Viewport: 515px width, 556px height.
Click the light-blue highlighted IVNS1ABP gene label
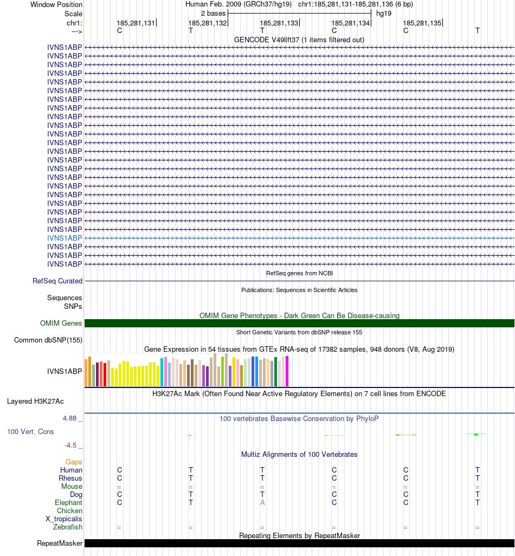pos(65,238)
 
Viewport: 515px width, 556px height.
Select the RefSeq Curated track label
pos(57,281)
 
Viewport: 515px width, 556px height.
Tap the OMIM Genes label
pos(61,324)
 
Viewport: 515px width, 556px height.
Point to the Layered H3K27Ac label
pos(35,402)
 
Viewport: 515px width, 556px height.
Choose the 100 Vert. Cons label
pos(30,432)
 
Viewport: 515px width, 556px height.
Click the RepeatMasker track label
pos(60,544)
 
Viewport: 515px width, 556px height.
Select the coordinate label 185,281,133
pos(279,23)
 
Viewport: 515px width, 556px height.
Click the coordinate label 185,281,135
pos(422,23)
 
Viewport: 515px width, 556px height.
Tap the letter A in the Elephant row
pos(262,502)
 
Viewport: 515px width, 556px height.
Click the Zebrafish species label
pos(68,527)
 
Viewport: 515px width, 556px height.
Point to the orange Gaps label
pos(74,462)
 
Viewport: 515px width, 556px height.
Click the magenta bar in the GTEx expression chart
pos(287,371)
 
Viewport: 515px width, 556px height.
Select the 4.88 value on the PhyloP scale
pos(70,418)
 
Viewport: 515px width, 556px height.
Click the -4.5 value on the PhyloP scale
pos(70,445)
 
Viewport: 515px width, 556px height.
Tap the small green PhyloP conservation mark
pos(475,434)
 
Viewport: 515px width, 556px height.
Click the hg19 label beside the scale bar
pos(384,13)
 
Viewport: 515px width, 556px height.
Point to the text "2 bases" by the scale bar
pos(213,13)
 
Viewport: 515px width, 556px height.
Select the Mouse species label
pos(72,487)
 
